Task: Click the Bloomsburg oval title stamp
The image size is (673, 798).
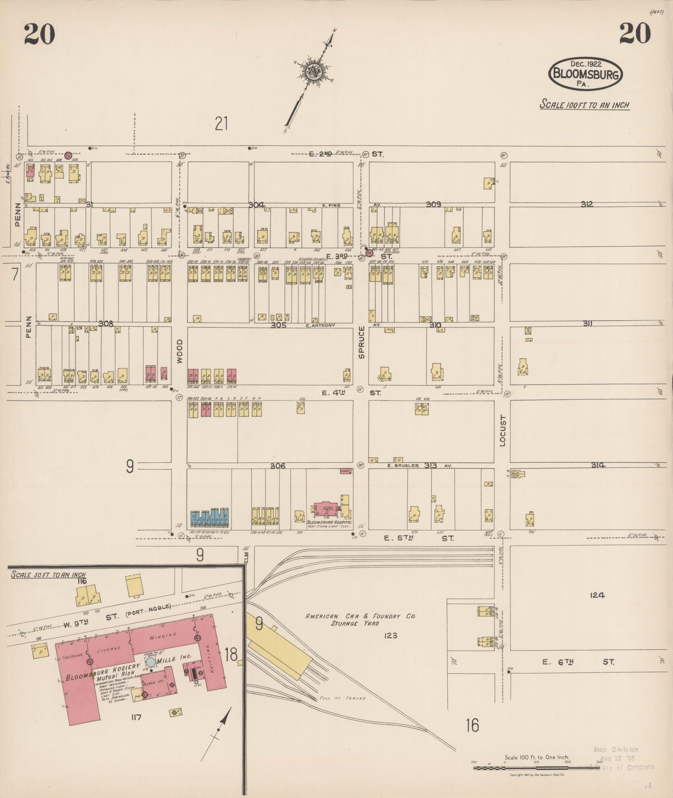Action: point(585,74)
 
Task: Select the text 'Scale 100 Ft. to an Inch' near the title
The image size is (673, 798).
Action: point(584,105)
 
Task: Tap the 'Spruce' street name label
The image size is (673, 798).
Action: point(361,342)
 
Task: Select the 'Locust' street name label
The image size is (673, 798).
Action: point(502,431)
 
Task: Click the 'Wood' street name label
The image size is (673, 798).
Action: point(179,351)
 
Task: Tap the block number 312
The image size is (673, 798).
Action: point(586,204)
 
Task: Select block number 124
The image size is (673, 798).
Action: point(597,595)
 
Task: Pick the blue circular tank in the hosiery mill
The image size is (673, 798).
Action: point(150,662)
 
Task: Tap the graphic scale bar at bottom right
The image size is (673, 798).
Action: point(537,768)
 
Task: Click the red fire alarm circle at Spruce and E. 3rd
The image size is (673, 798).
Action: point(369,253)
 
